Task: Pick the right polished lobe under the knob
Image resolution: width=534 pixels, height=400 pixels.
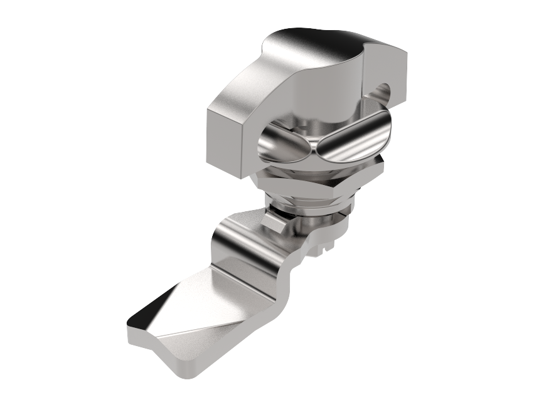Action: (351, 141)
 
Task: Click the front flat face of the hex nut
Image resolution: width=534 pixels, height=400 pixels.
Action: (295, 189)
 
